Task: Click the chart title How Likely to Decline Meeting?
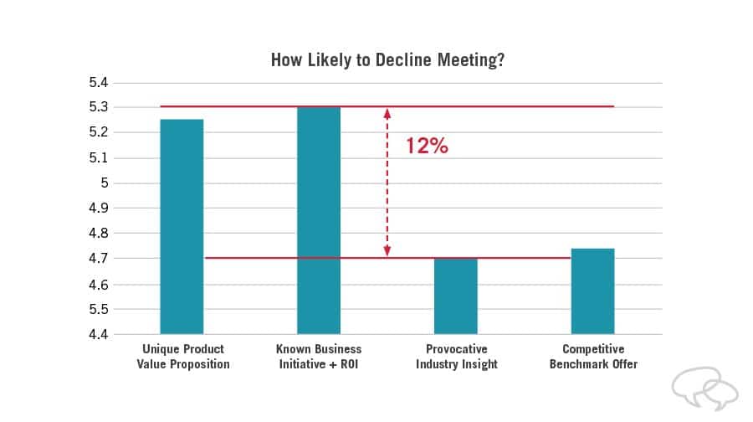point(387,60)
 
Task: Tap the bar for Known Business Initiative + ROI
point(319,220)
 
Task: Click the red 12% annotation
point(428,146)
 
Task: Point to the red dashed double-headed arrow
point(387,182)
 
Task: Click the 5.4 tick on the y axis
point(99,83)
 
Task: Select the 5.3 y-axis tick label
point(99,108)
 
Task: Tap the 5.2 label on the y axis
point(99,133)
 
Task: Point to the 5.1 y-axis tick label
point(99,158)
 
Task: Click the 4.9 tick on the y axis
point(99,208)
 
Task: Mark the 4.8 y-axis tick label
point(99,234)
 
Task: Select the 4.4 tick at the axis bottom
point(99,335)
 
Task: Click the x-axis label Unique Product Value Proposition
point(182,357)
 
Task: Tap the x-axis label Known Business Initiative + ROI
point(319,357)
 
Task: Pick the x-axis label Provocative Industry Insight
point(456,357)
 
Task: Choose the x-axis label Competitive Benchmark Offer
point(593,357)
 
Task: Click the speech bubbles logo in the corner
point(704,389)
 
